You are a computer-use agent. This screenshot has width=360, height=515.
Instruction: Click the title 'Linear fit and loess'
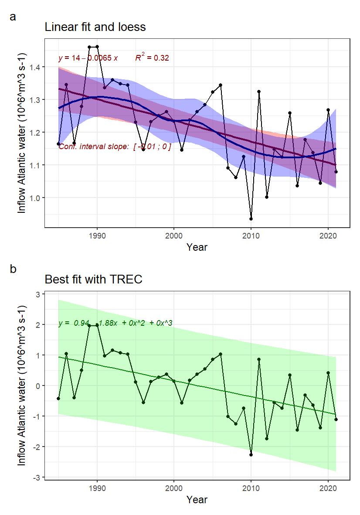pyautogui.click(x=95, y=27)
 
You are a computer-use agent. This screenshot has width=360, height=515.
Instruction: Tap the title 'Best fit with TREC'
pyautogui.click(x=93, y=279)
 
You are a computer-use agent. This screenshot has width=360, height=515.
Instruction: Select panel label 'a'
pyautogui.click(x=13, y=17)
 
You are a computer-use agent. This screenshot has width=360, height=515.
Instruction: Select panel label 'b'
pyautogui.click(x=13, y=269)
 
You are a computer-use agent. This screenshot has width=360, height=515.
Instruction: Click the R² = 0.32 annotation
pyautogui.click(x=152, y=58)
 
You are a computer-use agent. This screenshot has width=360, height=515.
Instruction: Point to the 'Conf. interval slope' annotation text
pyautogui.click(x=115, y=147)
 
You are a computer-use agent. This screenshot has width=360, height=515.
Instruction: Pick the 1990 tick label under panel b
pyautogui.click(x=97, y=487)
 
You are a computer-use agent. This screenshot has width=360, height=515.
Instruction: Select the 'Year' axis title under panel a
pyautogui.click(x=197, y=247)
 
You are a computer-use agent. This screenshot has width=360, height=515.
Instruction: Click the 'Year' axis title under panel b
pyautogui.click(x=197, y=500)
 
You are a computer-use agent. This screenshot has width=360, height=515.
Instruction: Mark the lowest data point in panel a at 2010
pyautogui.click(x=251, y=219)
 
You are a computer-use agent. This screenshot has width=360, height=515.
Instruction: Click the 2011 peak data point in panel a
pyautogui.click(x=259, y=92)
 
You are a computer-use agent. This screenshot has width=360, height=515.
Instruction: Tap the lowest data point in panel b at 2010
pyautogui.click(x=251, y=455)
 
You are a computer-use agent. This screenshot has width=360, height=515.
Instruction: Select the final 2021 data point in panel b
pyautogui.click(x=336, y=420)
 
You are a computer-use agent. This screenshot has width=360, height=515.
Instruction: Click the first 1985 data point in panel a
pyautogui.click(x=58, y=144)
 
